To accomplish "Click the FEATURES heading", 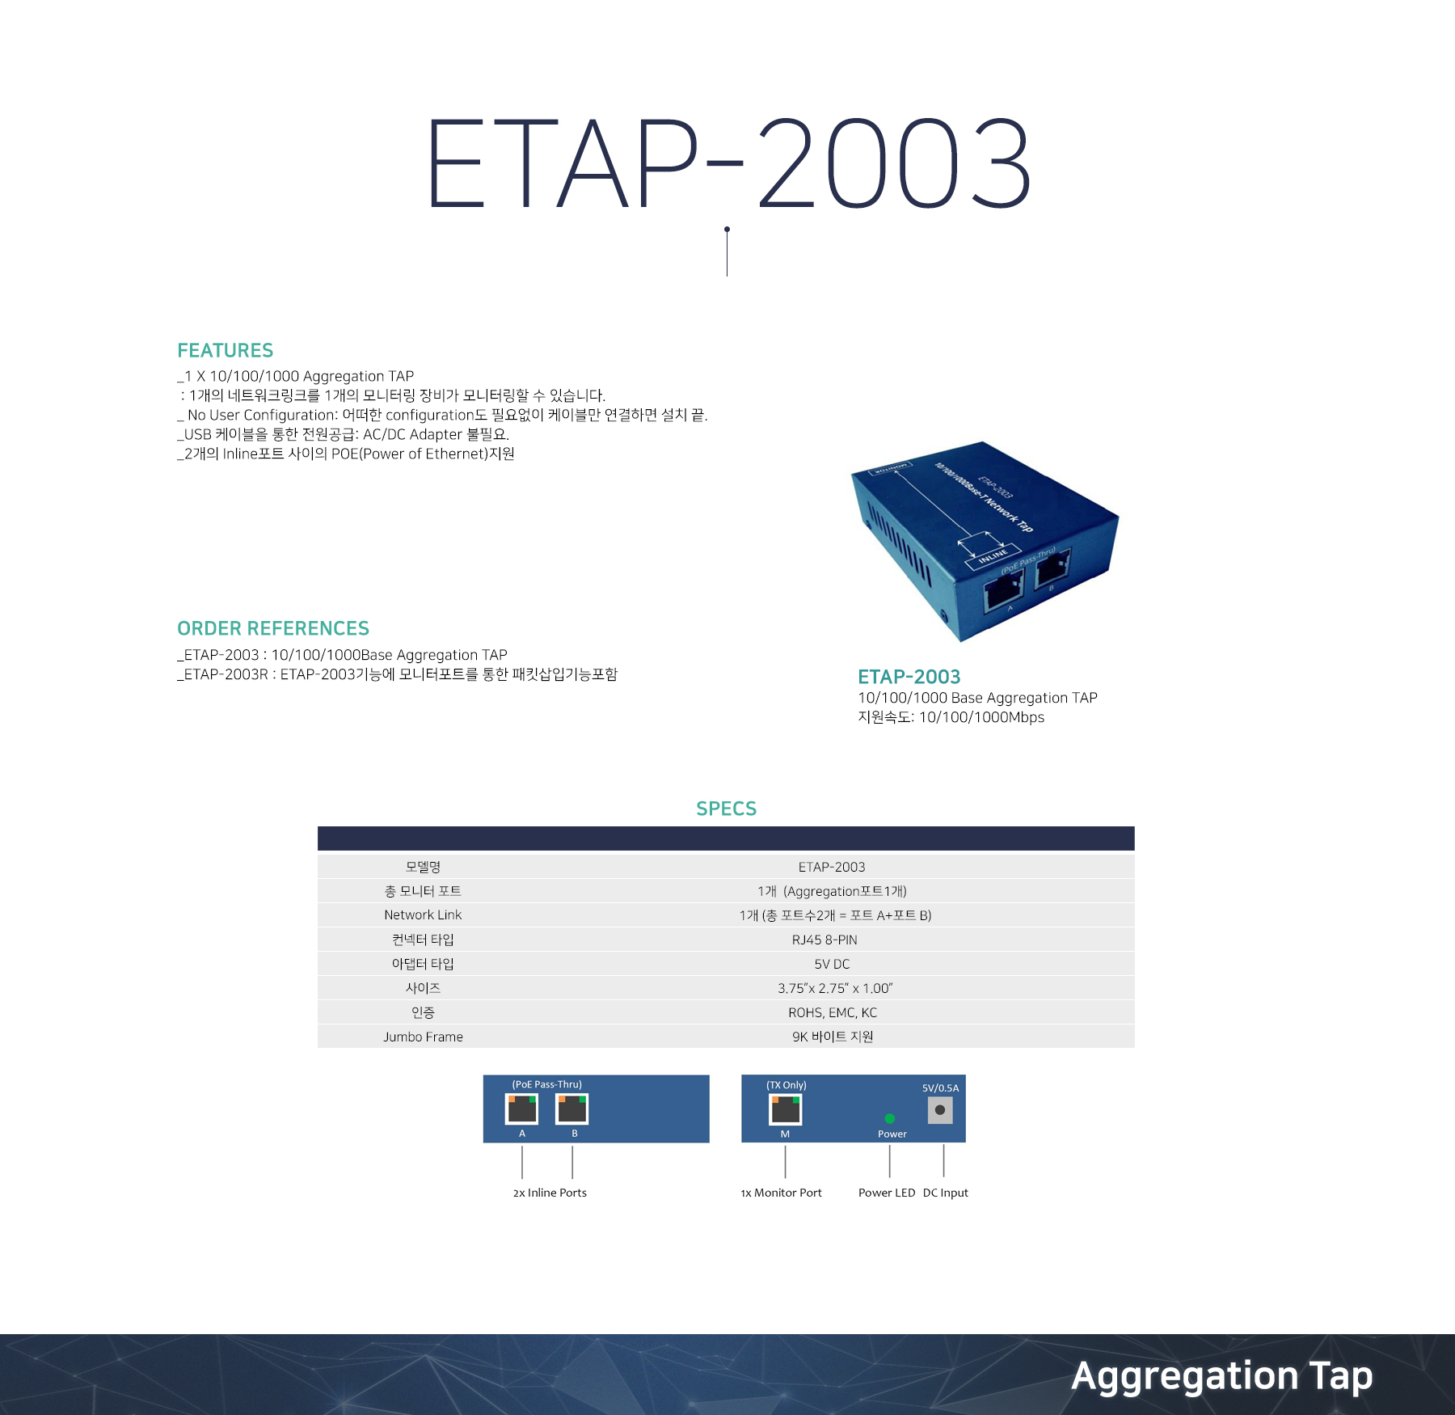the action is tap(226, 350).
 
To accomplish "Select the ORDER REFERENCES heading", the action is tap(273, 628).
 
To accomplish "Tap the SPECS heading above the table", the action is tap(727, 809).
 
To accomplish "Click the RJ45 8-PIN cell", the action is tap(824, 940).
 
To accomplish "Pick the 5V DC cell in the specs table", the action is tap(832, 964).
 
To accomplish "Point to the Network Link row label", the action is tap(423, 914).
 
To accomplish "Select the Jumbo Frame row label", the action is tap(423, 1037).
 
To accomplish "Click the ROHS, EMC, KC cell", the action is tap(833, 1012).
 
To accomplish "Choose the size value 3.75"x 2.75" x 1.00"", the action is tap(835, 988).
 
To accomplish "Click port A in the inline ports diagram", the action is tap(521, 1109).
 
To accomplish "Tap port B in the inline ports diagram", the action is tap(572, 1109).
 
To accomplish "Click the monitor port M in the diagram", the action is tap(786, 1110).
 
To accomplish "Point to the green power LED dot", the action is tap(890, 1119).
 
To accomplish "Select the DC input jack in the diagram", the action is tap(940, 1110).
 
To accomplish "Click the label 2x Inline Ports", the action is tap(550, 1193).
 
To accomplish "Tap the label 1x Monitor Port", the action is tap(781, 1193).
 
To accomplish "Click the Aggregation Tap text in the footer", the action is tap(1222, 1376).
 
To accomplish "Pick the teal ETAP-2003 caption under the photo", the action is tap(909, 677).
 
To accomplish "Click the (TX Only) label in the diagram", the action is tap(787, 1085).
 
